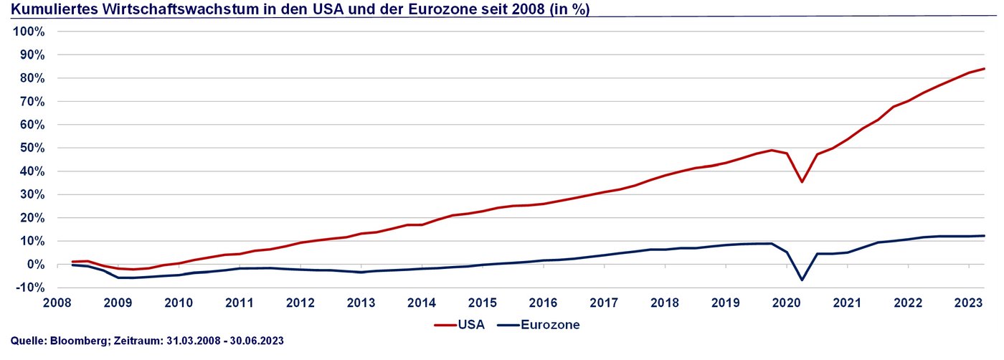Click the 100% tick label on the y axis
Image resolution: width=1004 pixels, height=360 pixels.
[29, 32]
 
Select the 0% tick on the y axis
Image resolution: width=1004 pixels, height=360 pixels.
[35, 265]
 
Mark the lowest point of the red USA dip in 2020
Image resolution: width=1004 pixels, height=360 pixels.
[802, 181]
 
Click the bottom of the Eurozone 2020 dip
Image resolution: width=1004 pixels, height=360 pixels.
[802, 280]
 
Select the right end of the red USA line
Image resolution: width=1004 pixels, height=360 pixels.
[984, 69]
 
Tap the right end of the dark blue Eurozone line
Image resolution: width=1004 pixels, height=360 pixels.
[984, 235]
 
